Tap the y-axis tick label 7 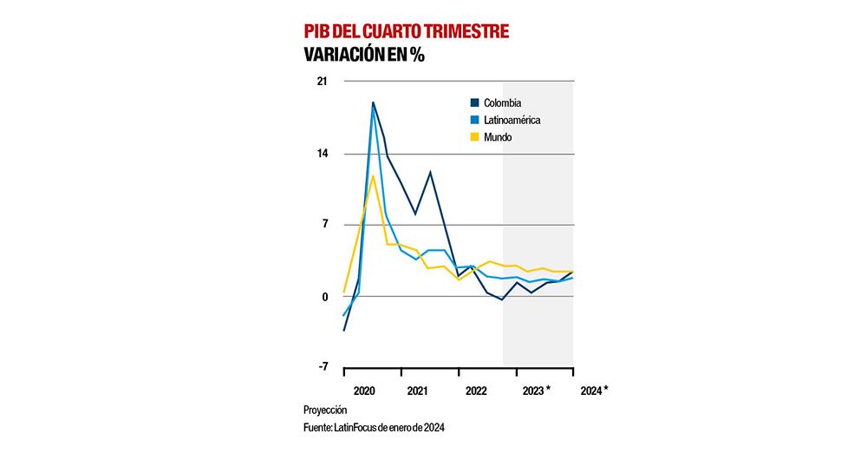click(325, 225)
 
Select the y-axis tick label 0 click(325, 296)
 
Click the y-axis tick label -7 click(323, 367)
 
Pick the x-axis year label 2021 click(417, 391)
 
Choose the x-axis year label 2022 click(476, 391)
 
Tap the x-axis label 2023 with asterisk click(537, 391)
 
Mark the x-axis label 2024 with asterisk click(594, 391)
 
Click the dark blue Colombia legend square click(474, 103)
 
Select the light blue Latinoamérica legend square click(474, 121)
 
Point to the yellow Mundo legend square click(474, 137)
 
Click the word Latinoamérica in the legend click(517, 121)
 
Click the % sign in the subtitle click(418, 56)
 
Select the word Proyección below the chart click(325, 410)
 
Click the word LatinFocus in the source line click(359, 427)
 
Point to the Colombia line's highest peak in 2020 click(373, 102)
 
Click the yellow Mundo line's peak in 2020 click(373, 176)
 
